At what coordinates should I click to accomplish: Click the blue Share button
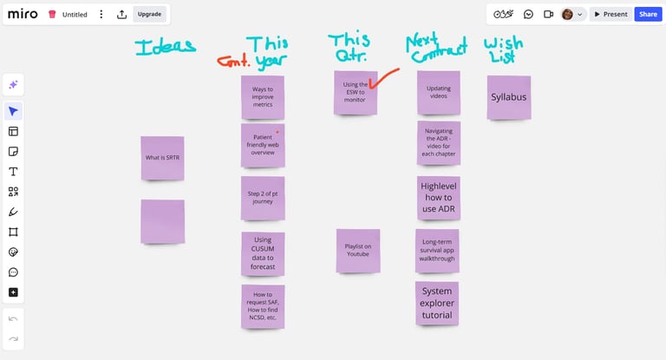click(x=647, y=14)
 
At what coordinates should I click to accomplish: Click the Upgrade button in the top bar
click(x=149, y=14)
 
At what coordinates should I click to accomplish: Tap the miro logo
click(x=23, y=14)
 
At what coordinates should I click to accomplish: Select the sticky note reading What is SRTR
click(x=162, y=158)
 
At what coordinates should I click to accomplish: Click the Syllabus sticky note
click(x=508, y=97)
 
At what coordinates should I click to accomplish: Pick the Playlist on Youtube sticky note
click(x=357, y=250)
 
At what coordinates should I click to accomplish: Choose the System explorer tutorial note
click(x=437, y=303)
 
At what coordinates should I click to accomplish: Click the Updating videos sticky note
click(x=438, y=92)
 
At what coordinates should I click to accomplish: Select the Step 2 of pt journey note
click(x=263, y=197)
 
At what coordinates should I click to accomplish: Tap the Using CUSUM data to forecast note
click(x=263, y=252)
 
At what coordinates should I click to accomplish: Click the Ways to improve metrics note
click(x=263, y=97)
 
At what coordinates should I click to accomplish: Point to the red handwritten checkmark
click(x=382, y=80)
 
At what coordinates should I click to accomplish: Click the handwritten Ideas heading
click(x=165, y=48)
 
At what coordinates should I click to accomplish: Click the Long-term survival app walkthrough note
click(x=437, y=250)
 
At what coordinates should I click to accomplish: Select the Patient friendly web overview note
click(x=263, y=145)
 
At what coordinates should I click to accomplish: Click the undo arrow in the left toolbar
click(x=13, y=319)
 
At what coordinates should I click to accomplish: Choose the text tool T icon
click(x=13, y=171)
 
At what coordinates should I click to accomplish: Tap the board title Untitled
click(x=75, y=15)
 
